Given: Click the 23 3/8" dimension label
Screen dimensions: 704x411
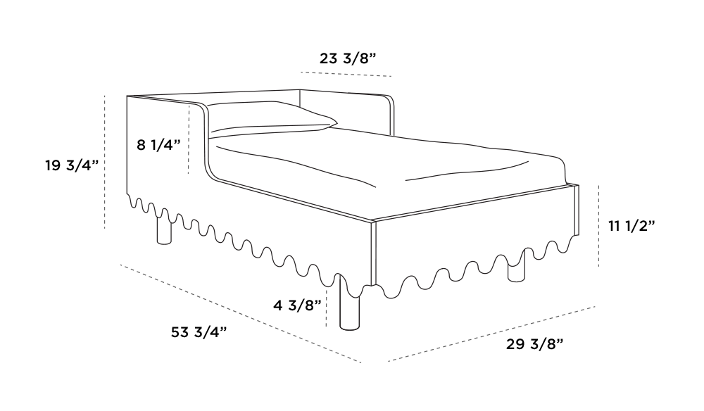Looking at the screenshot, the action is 348,58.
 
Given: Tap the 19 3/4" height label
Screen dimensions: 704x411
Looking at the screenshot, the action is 72,165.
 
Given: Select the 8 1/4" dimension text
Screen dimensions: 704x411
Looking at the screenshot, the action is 158,145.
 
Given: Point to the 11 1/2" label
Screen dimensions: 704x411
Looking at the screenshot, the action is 631,226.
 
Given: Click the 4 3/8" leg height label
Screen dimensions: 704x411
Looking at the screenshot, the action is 297,305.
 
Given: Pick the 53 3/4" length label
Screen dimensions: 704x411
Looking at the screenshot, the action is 199,332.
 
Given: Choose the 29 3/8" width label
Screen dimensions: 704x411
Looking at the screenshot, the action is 534,345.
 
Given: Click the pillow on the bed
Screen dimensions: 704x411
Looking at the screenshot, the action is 272,118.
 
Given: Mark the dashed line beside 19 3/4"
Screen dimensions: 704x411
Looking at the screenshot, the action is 105,163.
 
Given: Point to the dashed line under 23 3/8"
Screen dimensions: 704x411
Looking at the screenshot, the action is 346,74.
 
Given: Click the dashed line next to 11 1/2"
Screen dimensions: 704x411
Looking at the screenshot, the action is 599,226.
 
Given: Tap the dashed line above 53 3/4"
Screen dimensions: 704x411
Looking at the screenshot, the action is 241,313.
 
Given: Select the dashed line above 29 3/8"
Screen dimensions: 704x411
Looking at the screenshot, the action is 491,334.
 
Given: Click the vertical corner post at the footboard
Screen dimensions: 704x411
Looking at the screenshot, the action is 373,253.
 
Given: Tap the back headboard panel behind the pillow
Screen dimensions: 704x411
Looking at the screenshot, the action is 346,112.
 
